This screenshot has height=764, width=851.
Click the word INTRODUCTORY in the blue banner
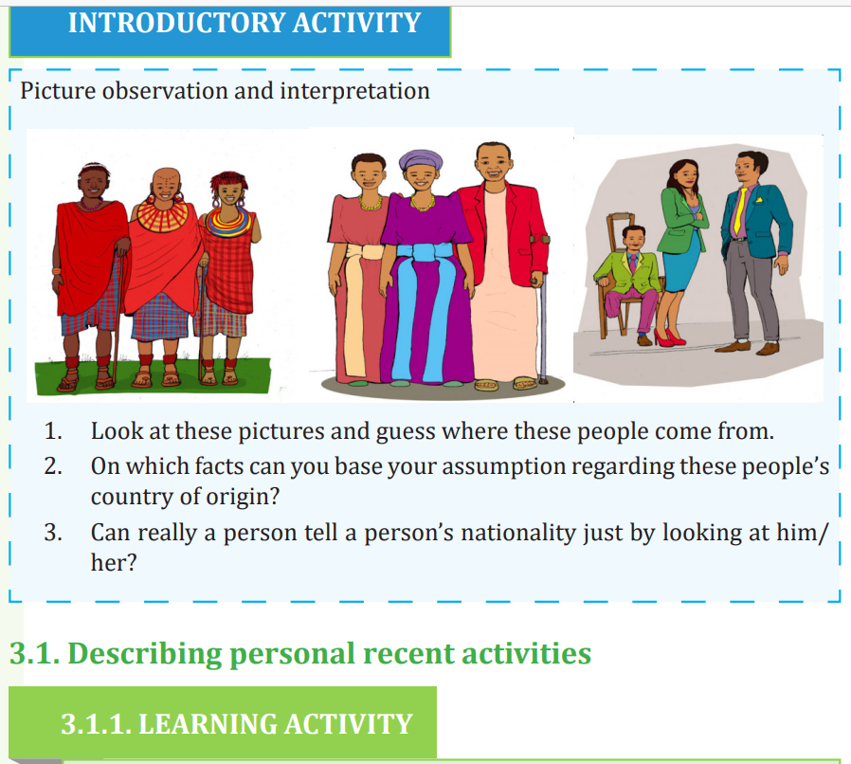point(176,24)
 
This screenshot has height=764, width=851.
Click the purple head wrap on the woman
point(421,159)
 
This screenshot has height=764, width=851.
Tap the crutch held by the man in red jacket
point(540,310)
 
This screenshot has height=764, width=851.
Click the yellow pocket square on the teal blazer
point(759,199)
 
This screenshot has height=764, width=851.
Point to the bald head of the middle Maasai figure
point(166,179)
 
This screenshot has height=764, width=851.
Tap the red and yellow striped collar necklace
point(162,213)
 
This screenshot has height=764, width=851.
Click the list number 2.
point(53,466)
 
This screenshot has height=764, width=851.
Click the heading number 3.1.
point(35,653)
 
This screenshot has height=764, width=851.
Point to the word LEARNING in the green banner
point(208,724)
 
